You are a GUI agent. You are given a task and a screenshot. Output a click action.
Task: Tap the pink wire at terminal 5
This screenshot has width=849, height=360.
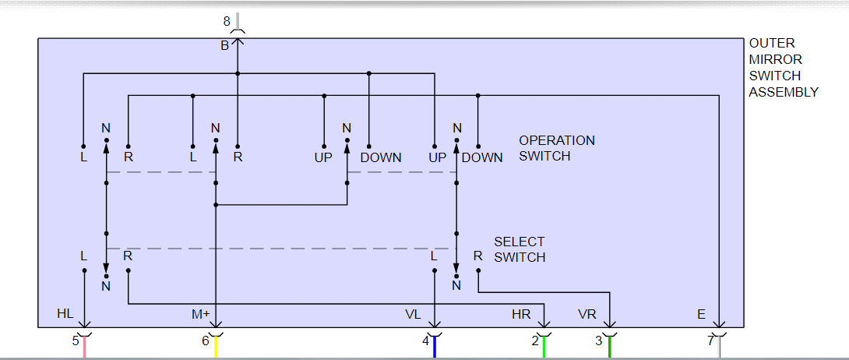tap(84, 348)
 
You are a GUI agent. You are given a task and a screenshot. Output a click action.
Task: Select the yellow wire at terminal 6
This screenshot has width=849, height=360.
tap(216, 348)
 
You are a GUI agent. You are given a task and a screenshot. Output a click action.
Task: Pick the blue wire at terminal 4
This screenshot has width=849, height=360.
tap(434, 348)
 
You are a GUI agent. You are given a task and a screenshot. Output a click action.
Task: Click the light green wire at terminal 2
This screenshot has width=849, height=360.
tap(544, 348)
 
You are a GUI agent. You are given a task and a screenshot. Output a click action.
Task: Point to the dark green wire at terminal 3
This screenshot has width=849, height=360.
tap(609, 348)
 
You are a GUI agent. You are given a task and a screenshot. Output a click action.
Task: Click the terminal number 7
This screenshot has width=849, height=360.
tap(710, 341)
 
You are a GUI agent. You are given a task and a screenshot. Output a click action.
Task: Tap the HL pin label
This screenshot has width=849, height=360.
tap(66, 314)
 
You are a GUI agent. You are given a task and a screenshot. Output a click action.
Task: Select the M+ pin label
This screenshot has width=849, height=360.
tap(201, 314)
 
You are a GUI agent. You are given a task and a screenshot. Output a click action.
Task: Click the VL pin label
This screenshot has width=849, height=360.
tap(413, 314)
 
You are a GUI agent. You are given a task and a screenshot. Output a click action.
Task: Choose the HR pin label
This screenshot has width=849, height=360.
tap(521, 314)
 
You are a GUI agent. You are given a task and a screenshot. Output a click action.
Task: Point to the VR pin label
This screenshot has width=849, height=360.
tap(587, 314)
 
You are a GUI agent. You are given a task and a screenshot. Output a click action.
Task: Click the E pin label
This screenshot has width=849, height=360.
tap(701, 314)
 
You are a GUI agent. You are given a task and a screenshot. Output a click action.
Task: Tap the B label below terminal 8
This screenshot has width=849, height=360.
tap(224, 46)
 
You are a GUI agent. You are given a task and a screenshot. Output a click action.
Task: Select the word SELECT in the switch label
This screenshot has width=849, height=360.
tap(520, 242)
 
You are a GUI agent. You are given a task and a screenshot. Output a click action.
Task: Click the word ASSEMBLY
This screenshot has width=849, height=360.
tap(784, 92)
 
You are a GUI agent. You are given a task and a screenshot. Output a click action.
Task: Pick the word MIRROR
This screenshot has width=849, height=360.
tap(775, 59)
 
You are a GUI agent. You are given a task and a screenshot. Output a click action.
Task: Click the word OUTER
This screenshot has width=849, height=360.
tap(772, 44)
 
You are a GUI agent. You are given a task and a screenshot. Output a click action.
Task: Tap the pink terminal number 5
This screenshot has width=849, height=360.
tap(76, 341)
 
